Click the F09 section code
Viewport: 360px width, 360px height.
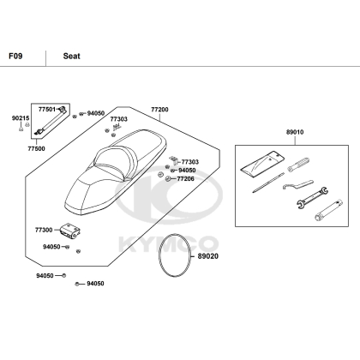click(x=15, y=56)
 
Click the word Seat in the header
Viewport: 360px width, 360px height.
click(x=71, y=56)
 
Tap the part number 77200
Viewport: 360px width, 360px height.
click(x=159, y=110)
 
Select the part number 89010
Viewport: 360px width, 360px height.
click(x=295, y=132)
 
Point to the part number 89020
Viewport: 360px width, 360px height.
click(x=208, y=256)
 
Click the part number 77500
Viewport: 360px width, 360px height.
click(x=36, y=148)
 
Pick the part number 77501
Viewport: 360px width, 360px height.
click(x=47, y=109)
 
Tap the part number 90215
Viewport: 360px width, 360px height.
click(x=21, y=118)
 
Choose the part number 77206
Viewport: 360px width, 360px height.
click(x=186, y=179)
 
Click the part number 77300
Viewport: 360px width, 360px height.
click(x=44, y=230)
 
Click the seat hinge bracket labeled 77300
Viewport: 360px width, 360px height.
click(x=70, y=231)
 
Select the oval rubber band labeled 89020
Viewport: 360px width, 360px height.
click(x=175, y=255)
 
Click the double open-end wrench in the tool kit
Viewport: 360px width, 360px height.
click(x=312, y=198)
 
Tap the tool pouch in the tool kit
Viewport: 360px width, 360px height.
click(x=263, y=164)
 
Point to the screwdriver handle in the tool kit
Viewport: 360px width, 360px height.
click(x=298, y=165)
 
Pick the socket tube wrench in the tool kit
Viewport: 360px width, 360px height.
click(x=329, y=210)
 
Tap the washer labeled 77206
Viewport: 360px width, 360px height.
click(x=168, y=179)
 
